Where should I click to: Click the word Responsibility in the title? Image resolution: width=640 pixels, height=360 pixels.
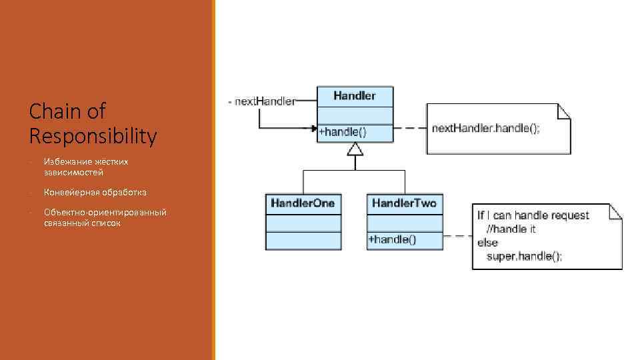pos(93,136)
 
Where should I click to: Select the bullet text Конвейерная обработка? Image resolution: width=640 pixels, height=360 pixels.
pos(95,193)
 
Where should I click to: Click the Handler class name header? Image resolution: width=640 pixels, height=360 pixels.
pos(354,96)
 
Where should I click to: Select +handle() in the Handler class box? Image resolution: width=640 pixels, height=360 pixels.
pos(342,132)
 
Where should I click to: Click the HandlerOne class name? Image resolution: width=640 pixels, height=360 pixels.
pos(303,203)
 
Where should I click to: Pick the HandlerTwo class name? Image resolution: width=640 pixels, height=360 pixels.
pos(404,203)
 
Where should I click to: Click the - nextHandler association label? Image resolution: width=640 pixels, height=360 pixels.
pos(261,101)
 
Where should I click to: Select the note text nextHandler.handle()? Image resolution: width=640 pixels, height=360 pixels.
pos(485,128)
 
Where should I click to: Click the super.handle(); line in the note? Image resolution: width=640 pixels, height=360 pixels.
pos(524,256)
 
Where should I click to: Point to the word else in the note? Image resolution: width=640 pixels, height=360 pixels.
pos(487,243)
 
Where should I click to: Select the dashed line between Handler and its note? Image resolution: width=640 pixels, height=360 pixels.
pos(409,128)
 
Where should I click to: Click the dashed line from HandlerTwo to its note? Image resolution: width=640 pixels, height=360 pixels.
pos(457,236)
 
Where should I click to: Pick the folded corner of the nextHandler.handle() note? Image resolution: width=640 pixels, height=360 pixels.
pos(565,111)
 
